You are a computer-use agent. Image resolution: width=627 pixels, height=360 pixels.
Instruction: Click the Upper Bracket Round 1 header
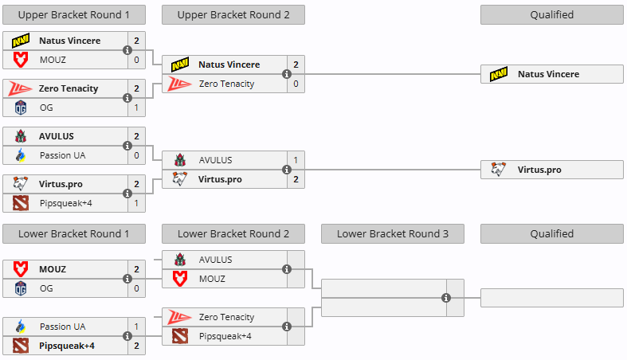(74, 14)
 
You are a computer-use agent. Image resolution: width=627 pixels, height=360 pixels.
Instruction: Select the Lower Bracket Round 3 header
(393, 234)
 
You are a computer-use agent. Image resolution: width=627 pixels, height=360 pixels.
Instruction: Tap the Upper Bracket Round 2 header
(233, 14)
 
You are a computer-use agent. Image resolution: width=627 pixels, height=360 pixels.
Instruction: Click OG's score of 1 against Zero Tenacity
(136, 108)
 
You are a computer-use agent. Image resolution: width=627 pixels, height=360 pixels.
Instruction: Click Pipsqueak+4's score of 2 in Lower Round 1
(136, 346)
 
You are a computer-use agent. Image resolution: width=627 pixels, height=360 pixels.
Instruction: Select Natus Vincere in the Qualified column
(548, 74)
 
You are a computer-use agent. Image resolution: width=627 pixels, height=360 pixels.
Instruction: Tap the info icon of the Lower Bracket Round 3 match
(446, 298)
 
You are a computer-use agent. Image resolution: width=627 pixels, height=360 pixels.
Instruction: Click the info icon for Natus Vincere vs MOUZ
(127, 50)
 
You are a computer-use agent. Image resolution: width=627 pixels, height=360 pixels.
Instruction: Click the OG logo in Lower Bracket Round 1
(21, 288)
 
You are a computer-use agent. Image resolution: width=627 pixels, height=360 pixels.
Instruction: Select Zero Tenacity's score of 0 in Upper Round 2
(296, 84)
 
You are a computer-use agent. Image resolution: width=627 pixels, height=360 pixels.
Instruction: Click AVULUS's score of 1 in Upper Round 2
(296, 160)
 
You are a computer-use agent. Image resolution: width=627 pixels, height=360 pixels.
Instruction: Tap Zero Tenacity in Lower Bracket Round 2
(226, 317)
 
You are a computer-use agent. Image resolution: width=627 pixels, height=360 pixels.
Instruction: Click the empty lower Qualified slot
(551, 298)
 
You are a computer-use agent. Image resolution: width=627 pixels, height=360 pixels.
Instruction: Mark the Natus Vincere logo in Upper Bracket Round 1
(21, 41)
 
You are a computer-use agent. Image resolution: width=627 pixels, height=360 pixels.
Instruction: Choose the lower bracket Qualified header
(552, 234)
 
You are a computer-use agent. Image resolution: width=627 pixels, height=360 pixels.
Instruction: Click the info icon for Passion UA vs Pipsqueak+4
(127, 336)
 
